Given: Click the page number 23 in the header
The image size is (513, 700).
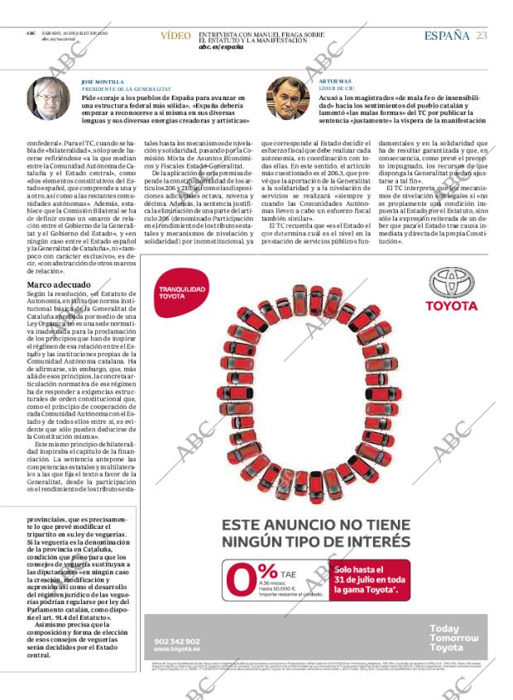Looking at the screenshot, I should click(x=481, y=35).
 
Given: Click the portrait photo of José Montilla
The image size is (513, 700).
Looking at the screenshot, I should click(x=49, y=99).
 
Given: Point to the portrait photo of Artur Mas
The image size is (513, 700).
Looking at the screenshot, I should click(x=287, y=100).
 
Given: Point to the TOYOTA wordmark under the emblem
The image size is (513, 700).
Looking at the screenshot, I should click(x=452, y=305).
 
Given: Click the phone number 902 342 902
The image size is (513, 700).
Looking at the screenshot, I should click(x=177, y=640).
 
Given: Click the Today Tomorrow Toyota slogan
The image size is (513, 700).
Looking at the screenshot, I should click(x=454, y=638).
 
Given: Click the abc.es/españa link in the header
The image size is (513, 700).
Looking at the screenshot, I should click(x=221, y=47).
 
